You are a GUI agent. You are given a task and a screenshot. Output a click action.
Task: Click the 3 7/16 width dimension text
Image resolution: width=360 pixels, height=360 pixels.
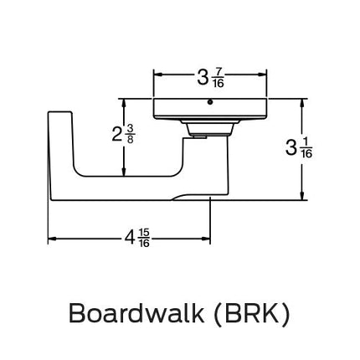pyautogui.click(x=210, y=79)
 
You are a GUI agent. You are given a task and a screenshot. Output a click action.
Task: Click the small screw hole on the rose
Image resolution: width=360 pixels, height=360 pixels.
pyautogui.click(x=209, y=104)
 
